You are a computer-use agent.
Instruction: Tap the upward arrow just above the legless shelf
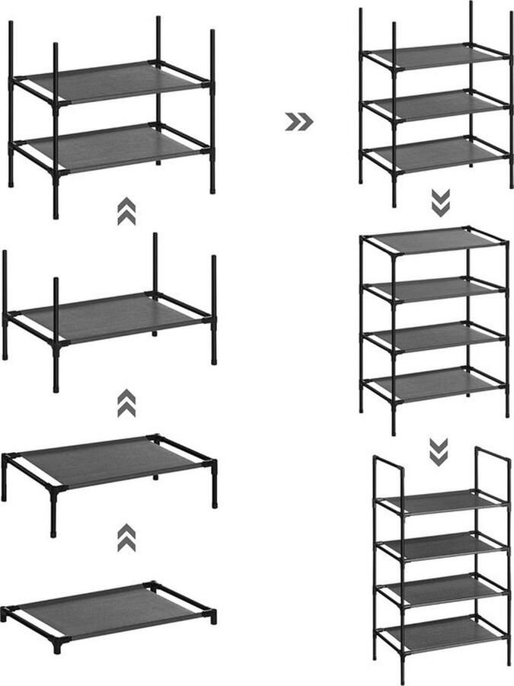[126, 537]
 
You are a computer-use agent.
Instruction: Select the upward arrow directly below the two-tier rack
[126, 211]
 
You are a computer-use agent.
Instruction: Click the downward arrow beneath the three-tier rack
[440, 203]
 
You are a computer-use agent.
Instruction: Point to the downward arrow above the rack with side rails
[439, 451]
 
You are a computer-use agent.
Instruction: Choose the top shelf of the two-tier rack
[107, 82]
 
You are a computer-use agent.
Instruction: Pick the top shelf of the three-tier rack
[434, 55]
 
